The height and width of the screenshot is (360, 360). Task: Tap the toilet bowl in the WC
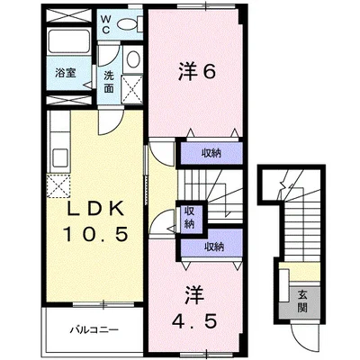click(x=132, y=25)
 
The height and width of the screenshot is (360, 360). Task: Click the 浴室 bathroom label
click(x=64, y=74)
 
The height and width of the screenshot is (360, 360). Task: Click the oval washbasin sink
click(x=131, y=60)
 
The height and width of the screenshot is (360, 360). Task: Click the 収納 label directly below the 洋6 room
click(x=211, y=153)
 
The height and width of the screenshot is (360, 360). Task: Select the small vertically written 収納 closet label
click(x=190, y=216)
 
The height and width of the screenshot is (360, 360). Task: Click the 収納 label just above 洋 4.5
click(x=212, y=246)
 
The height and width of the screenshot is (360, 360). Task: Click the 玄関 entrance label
click(x=303, y=301)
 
